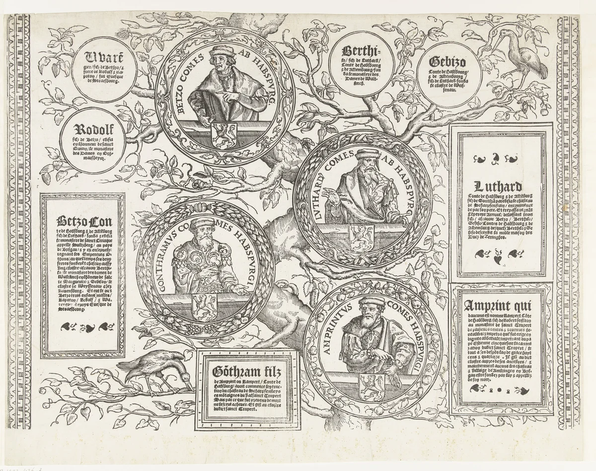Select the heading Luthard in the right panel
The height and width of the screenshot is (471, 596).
click(x=498, y=187)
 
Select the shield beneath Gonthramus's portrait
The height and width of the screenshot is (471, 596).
click(x=206, y=305)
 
